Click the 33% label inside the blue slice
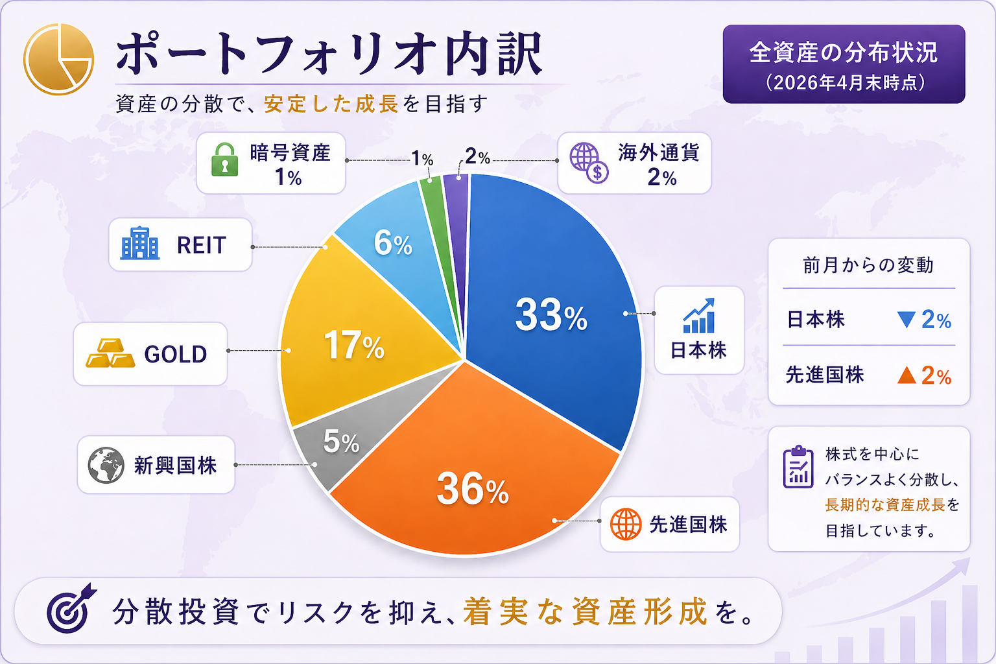point(551,315)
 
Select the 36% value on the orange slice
point(473,489)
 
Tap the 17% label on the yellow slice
point(354,345)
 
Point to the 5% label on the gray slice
point(341,441)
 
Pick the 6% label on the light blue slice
point(393,243)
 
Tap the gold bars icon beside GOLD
point(110,353)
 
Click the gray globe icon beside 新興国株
point(106,465)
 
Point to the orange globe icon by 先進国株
point(626,524)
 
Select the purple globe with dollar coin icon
point(589,163)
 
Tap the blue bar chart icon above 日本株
point(699,315)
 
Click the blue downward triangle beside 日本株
point(906,320)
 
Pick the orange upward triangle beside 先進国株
point(907,375)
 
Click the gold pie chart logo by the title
point(59,59)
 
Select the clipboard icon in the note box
point(798,467)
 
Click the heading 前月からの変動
point(868,265)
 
